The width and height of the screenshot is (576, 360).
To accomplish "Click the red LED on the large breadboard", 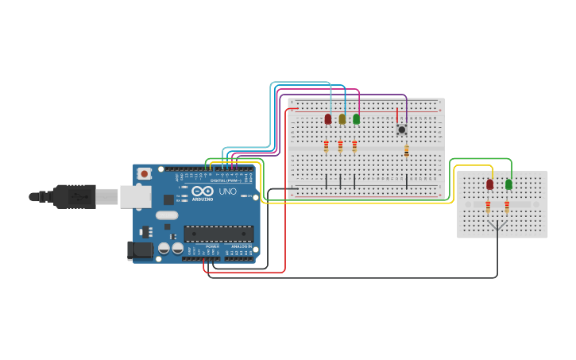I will click(328, 119).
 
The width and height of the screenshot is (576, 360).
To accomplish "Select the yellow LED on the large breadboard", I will click(342, 119).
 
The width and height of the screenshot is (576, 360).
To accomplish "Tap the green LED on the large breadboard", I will click(356, 119).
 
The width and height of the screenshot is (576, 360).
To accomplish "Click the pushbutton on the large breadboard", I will click(402, 129).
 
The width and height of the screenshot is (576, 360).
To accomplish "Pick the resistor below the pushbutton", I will click(407, 151).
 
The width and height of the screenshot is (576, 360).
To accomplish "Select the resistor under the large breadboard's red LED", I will click(326, 146).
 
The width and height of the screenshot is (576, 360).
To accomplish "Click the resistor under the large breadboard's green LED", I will click(354, 146).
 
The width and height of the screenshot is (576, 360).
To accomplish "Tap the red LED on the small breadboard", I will click(489, 184).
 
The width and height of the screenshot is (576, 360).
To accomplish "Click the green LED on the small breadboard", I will click(508, 184).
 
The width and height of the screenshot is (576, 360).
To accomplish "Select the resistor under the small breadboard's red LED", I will click(488, 207).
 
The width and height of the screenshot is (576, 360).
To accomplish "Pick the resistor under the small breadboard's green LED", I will click(507, 207).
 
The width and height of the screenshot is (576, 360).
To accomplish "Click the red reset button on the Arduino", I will click(144, 173).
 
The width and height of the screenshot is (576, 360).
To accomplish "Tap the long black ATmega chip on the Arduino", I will click(219, 234).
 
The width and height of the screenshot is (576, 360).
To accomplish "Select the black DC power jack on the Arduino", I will click(141, 250).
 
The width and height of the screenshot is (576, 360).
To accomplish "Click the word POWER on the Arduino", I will click(212, 247).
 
